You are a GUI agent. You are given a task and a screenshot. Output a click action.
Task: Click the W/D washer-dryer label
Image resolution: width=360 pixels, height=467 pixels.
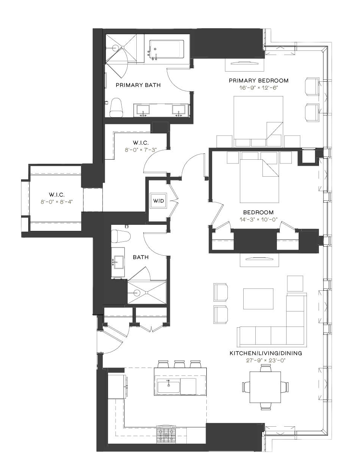click(159, 201)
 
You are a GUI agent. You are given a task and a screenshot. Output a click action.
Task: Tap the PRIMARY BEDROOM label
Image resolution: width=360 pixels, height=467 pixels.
click(259, 81)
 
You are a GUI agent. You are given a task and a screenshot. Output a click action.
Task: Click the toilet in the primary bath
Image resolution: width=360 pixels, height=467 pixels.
click(116, 107)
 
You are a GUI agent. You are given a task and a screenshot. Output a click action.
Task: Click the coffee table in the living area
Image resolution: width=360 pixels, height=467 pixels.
click(258, 299)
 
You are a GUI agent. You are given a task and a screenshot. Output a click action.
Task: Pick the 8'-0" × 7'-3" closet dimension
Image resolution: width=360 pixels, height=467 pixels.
click(141, 150)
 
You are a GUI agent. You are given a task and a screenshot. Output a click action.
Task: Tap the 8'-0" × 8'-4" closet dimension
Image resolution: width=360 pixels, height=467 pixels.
click(57, 202)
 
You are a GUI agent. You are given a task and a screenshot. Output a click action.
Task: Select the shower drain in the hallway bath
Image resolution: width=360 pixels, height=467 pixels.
click(137, 293)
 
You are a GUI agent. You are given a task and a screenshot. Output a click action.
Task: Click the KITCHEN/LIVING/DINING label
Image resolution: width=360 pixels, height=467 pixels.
click(266, 353)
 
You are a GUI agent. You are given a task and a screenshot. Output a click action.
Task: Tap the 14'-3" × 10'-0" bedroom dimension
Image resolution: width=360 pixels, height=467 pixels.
click(258, 220)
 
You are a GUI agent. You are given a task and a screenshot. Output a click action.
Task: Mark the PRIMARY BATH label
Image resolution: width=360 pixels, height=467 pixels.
click(138, 85)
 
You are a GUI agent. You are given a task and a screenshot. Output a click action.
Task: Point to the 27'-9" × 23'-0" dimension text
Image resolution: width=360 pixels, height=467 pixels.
click(266, 360)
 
